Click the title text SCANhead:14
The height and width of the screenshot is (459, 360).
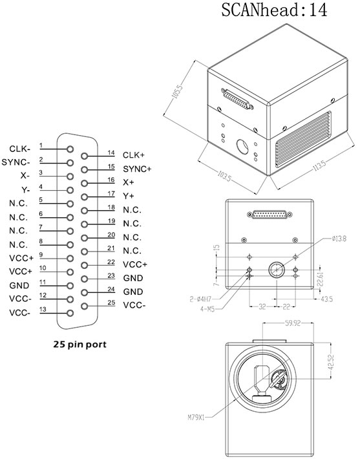coord(275,11)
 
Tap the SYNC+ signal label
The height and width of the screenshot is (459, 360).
coord(136,169)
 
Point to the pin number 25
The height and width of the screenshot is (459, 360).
coord(111,301)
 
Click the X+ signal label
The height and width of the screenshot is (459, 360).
coord(128,182)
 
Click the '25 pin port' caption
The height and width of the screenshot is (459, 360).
coord(79,345)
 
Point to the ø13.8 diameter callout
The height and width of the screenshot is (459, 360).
coord(340,239)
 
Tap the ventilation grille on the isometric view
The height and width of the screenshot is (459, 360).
coord(306,142)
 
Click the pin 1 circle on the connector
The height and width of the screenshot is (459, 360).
coord(70,148)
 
